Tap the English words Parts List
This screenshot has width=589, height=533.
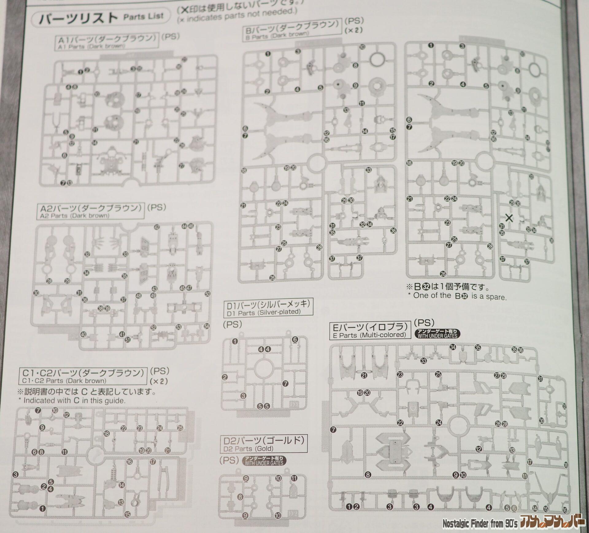pyautogui.click(x=143, y=16)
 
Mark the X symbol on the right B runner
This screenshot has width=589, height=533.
pyautogui.click(x=509, y=218)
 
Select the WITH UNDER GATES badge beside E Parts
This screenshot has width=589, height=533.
pyautogui.click(x=437, y=334)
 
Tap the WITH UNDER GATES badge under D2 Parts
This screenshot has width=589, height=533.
pyautogui.click(x=264, y=470)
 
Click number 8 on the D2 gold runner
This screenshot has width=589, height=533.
pyautogui.click(x=240, y=497)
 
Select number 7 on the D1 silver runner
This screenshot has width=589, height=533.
pyautogui.click(x=286, y=383)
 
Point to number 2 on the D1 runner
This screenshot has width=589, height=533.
pyautogui.click(x=225, y=377)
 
